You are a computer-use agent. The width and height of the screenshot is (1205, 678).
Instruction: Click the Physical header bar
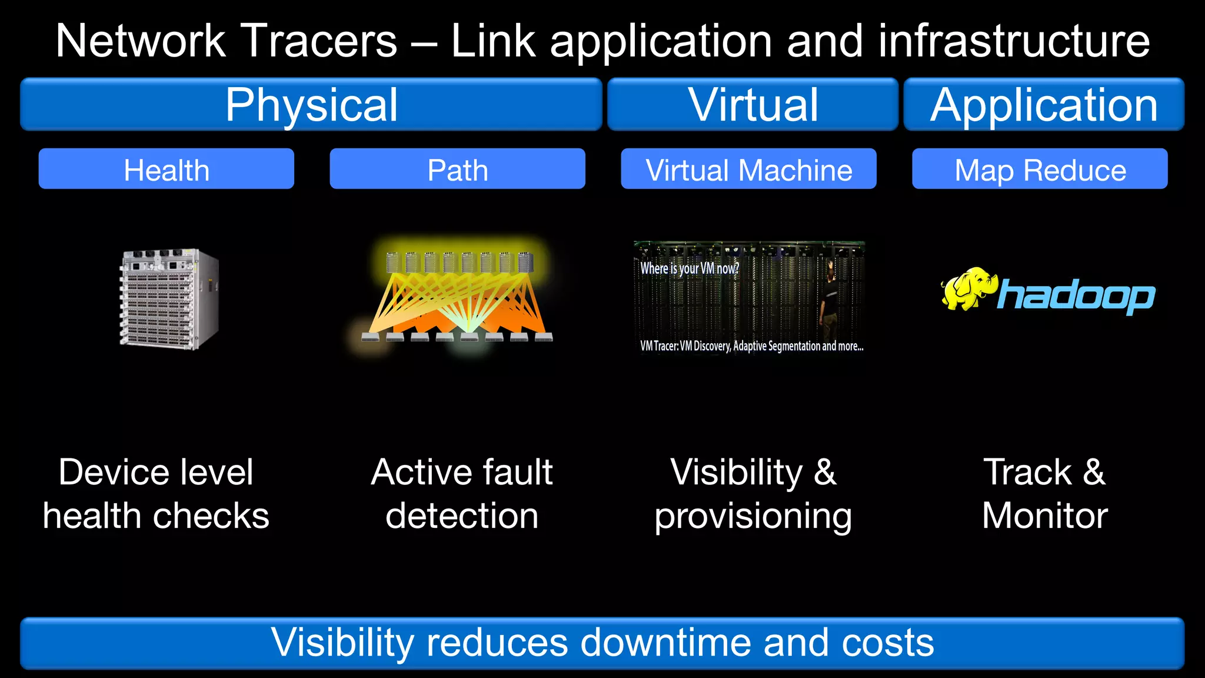[x=311, y=105]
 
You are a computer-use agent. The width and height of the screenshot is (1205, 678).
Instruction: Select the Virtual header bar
[x=753, y=105]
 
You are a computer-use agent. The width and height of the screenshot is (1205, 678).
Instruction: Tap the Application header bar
[x=1043, y=105]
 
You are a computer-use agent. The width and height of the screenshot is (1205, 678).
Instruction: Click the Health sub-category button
[x=167, y=169]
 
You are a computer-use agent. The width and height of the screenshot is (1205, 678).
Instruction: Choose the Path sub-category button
[x=457, y=169]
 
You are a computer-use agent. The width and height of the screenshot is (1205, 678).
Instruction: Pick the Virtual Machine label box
[x=748, y=169]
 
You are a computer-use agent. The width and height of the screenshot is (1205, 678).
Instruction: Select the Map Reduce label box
[x=1040, y=169]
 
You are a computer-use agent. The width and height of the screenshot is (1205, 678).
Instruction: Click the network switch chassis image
[x=169, y=298]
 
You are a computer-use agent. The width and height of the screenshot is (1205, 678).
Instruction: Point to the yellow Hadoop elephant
[x=967, y=288]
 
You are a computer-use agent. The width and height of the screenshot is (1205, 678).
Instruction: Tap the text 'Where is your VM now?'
[x=689, y=268]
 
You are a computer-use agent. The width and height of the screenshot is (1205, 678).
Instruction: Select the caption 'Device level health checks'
[x=156, y=494]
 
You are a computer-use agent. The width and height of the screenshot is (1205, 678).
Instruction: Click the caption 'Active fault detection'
[x=462, y=494]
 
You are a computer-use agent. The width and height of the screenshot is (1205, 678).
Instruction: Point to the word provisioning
[x=753, y=517]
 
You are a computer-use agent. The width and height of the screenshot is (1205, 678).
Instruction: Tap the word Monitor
[x=1045, y=516]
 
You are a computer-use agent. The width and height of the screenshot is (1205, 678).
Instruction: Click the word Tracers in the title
[x=319, y=41]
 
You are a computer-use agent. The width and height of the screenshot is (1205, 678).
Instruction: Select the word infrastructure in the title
[x=1014, y=41]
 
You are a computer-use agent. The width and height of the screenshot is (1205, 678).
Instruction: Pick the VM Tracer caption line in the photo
[x=751, y=346]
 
